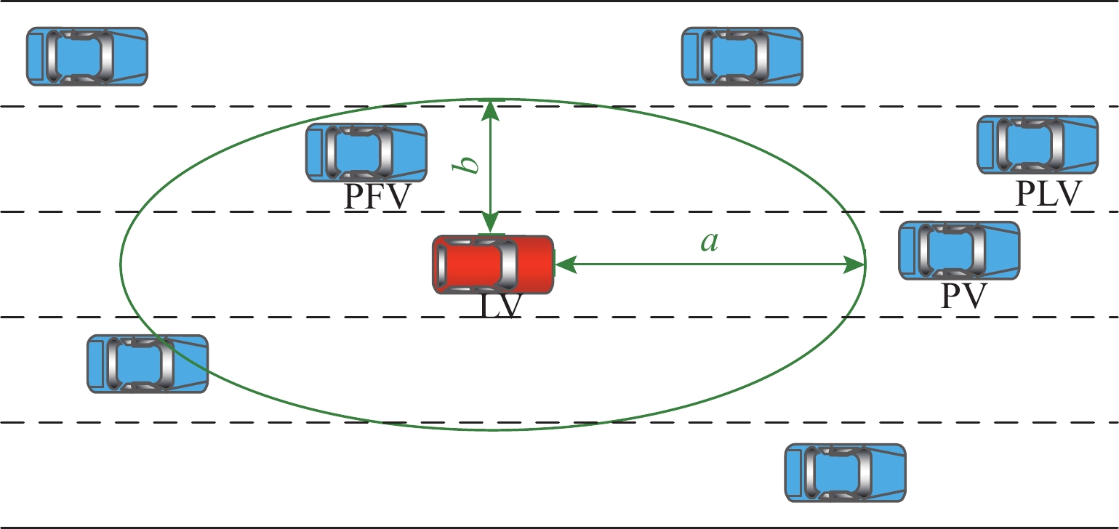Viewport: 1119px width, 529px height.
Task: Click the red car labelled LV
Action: pyautogui.click(x=493, y=264)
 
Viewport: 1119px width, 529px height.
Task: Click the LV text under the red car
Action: pyautogui.click(x=501, y=306)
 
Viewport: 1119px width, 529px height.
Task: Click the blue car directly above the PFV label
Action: pyautogui.click(x=366, y=153)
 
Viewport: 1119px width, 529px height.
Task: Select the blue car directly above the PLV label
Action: pyautogui.click(x=1037, y=145)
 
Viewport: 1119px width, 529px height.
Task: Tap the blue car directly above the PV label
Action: pyautogui.click(x=959, y=251)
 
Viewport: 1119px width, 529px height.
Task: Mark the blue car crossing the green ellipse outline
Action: pyautogui.click(x=148, y=364)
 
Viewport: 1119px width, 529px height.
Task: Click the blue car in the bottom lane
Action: pyautogui.click(x=846, y=473)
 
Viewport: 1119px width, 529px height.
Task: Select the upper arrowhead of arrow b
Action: pyautogui.click(x=491, y=109)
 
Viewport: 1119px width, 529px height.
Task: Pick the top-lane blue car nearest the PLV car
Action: pyautogui.click(x=742, y=57)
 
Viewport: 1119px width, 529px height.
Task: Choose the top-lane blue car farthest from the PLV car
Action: pyautogui.click(x=87, y=57)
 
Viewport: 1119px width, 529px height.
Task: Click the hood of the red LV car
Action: pyautogui.click(x=535, y=264)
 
